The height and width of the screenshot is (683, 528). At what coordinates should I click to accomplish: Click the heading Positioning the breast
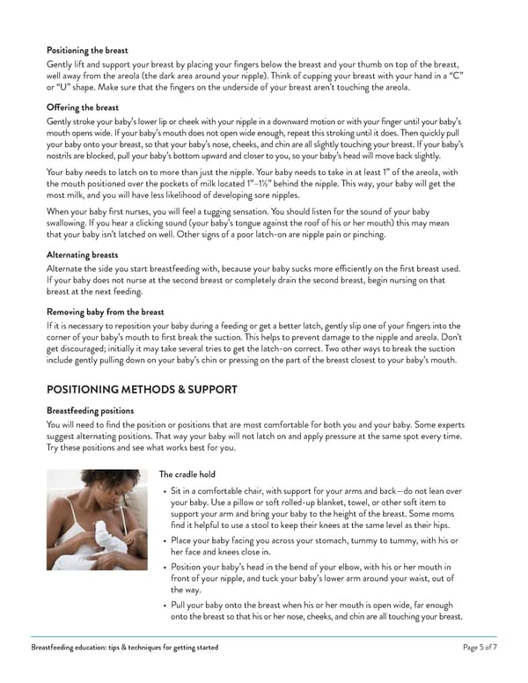[87, 50]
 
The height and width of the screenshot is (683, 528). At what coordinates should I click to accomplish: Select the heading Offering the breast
[82, 106]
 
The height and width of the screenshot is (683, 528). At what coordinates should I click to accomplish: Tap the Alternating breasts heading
[84, 254]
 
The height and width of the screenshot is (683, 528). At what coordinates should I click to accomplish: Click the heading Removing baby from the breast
[106, 312]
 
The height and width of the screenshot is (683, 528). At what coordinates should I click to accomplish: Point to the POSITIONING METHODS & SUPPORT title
[142, 389]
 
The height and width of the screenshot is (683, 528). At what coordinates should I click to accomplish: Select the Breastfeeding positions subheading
[91, 410]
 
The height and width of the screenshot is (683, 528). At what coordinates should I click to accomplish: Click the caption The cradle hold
[187, 474]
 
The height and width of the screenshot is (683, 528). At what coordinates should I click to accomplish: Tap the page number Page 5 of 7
[480, 647]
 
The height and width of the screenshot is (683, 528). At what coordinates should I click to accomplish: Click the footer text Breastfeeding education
[123, 647]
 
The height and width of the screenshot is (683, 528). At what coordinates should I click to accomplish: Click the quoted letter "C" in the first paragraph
[473, 76]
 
